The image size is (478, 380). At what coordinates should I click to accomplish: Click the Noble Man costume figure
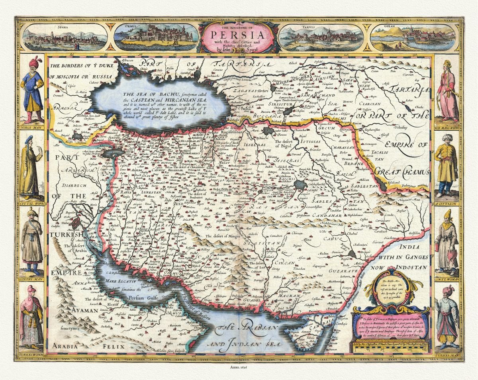coord(32,90)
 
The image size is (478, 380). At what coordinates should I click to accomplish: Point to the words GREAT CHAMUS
coord(403,172)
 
